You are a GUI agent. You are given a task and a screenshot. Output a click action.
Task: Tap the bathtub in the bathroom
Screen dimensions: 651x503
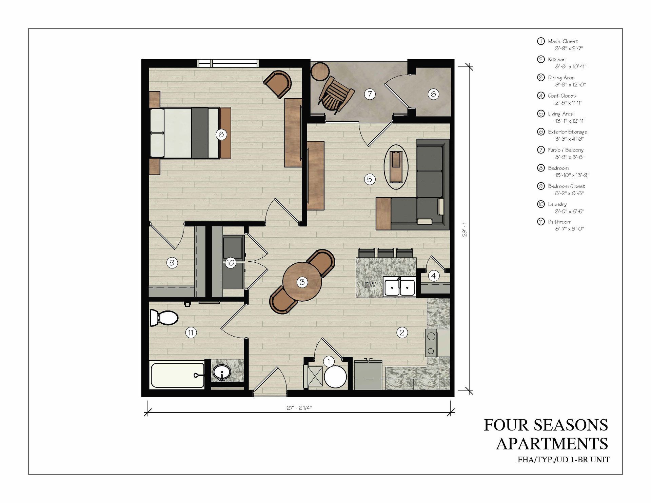[x=177, y=375]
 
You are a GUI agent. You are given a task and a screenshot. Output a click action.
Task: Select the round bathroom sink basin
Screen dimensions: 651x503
[x=222, y=373]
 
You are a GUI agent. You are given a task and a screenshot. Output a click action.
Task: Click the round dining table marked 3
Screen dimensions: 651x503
[x=302, y=282]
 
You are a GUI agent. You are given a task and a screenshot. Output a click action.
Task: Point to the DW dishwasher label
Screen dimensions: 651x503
[x=370, y=285]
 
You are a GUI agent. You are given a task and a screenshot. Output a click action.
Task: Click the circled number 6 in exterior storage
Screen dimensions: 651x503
[x=433, y=94]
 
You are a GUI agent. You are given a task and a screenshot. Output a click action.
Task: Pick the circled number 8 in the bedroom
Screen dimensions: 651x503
[x=221, y=135]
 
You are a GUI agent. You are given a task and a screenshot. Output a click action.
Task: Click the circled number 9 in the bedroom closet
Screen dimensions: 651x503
[x=172, y=263]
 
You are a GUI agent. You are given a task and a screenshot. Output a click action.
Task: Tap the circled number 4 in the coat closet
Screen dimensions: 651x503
[x=434, y=276]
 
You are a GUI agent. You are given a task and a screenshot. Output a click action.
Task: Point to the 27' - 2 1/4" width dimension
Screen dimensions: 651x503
[x=299, y=408]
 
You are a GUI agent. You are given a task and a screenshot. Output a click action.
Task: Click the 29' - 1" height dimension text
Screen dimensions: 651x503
[x=465, y=228]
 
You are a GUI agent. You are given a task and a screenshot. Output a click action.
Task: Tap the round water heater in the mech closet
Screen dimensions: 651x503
[x=335, y=377]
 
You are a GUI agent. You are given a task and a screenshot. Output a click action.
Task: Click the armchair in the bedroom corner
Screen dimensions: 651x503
[x=278, y=84]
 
